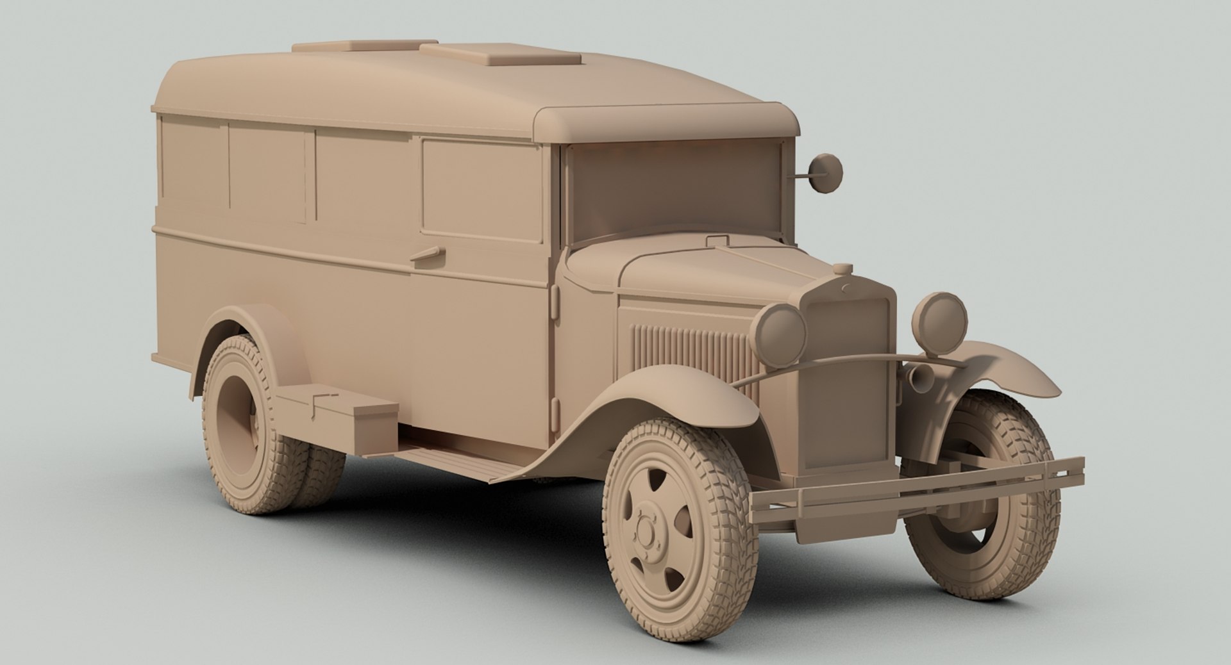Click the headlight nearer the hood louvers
pyautogui.click(x=780, y=328)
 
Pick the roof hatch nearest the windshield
pyautogui.click(x=500, y=54)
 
